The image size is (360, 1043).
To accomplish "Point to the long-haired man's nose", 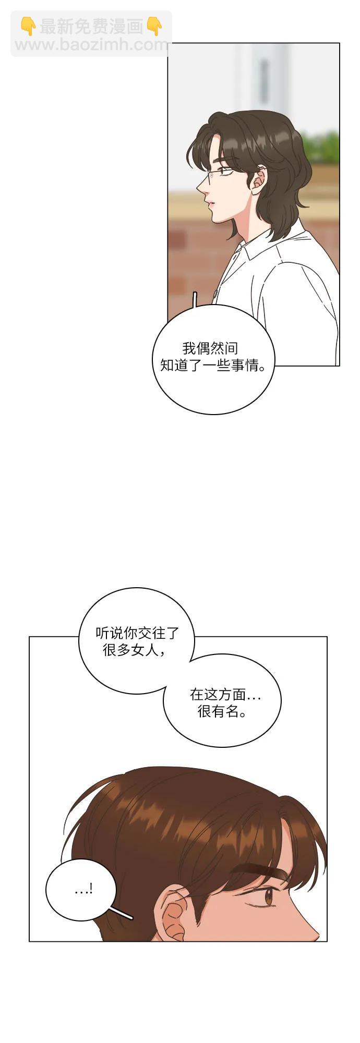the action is click(201, 185).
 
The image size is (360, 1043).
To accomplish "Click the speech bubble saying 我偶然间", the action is click(213, 359).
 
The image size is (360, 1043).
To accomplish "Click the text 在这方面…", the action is click(225, 694).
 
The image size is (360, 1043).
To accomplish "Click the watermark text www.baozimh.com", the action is click(92, 45).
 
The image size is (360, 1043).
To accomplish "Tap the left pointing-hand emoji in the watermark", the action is click(28, 26).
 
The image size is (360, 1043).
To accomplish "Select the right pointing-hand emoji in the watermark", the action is click(154, 26).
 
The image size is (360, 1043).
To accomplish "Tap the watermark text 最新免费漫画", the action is click(91, 26).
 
